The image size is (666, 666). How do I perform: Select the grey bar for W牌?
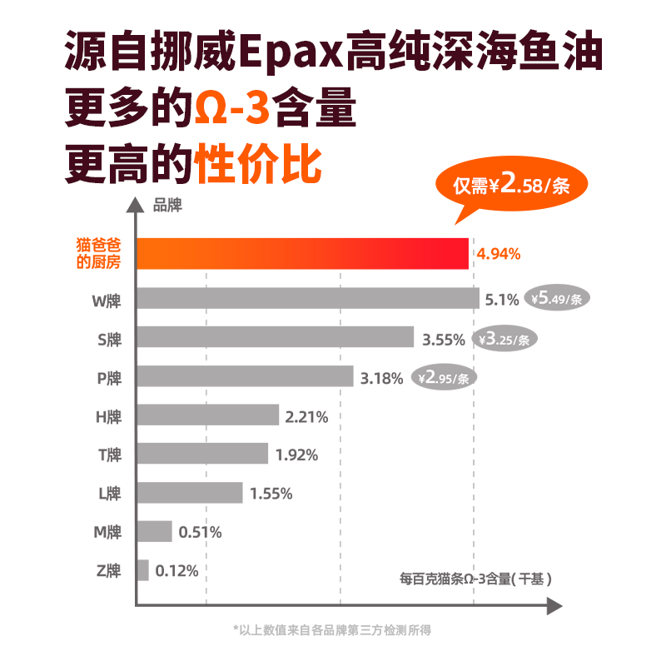point(308,299)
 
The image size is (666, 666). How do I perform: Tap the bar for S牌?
point(275,337)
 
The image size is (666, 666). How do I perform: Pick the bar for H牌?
point(207,415)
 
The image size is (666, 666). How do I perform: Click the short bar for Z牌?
point(142,570)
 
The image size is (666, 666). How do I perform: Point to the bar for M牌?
point(154,531)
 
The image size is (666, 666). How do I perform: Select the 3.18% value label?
point(382,378)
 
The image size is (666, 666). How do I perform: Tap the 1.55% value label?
point(271,494)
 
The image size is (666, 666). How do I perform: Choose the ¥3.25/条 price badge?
point(509,338)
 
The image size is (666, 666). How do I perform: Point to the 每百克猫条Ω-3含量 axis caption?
point(475,579)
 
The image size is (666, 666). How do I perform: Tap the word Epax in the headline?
point(291,55)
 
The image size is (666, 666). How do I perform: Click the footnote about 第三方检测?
point(333,631)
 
